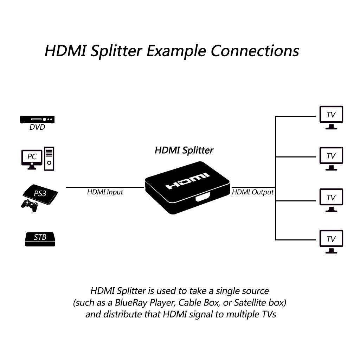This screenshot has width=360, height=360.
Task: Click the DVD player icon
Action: pyautogui.click(x=38, y=120)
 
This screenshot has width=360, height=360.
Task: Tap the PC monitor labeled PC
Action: pyautogui.click(x=32, y=157)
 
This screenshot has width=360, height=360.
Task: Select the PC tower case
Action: pyautogui.click(x=49, y=159)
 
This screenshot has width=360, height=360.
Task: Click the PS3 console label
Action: pyautogui.click(x=40, y=193)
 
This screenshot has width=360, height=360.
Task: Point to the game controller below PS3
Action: pyautogui.click(x=29, y=205)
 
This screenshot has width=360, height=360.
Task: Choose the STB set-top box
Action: pyautogui.click(x=40, y=238)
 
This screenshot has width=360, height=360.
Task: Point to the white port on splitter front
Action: pyautogui.click(x=202, y=199)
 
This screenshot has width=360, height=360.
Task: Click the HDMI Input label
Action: pyautogui.click(x=105, y=192)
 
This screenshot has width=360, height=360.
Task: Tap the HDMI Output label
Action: pyautogui.click(x=252, y=192)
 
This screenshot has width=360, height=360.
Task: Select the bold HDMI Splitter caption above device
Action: pyautogui.click(x=184, y=150)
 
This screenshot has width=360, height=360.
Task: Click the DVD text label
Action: pyautogui.click(x=37, y=127)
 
